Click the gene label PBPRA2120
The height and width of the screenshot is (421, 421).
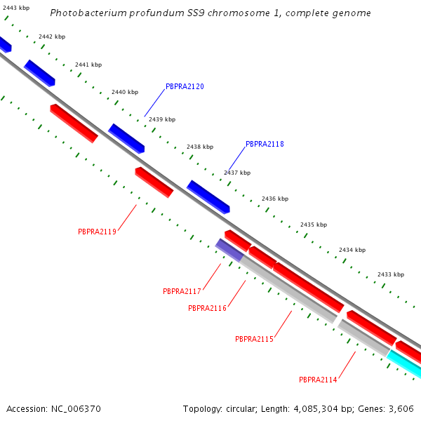tap(185, 86)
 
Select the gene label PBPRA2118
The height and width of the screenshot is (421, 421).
tap(265, 144)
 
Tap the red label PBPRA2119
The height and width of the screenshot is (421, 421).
tap(97, 231)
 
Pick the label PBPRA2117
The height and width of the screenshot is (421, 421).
tap(182, 291)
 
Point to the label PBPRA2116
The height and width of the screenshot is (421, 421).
tap(207, 308)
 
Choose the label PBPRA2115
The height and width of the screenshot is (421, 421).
tap(254, 339)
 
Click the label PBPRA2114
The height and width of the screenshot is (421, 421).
tap(318, 380)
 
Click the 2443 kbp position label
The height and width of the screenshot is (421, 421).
tap(15, 8)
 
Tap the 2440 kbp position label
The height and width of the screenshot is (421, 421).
tap(125, 92)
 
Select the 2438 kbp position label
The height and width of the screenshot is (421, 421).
tap(199, 147)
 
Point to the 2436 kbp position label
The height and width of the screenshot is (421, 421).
tap(274, 199)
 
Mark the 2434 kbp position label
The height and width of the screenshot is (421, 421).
tap(352, 250)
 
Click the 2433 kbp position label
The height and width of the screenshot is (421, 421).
tap(390, 274)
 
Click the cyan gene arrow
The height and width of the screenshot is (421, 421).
tap(404, 364)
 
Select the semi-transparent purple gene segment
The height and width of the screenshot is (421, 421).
tap(229, 249)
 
